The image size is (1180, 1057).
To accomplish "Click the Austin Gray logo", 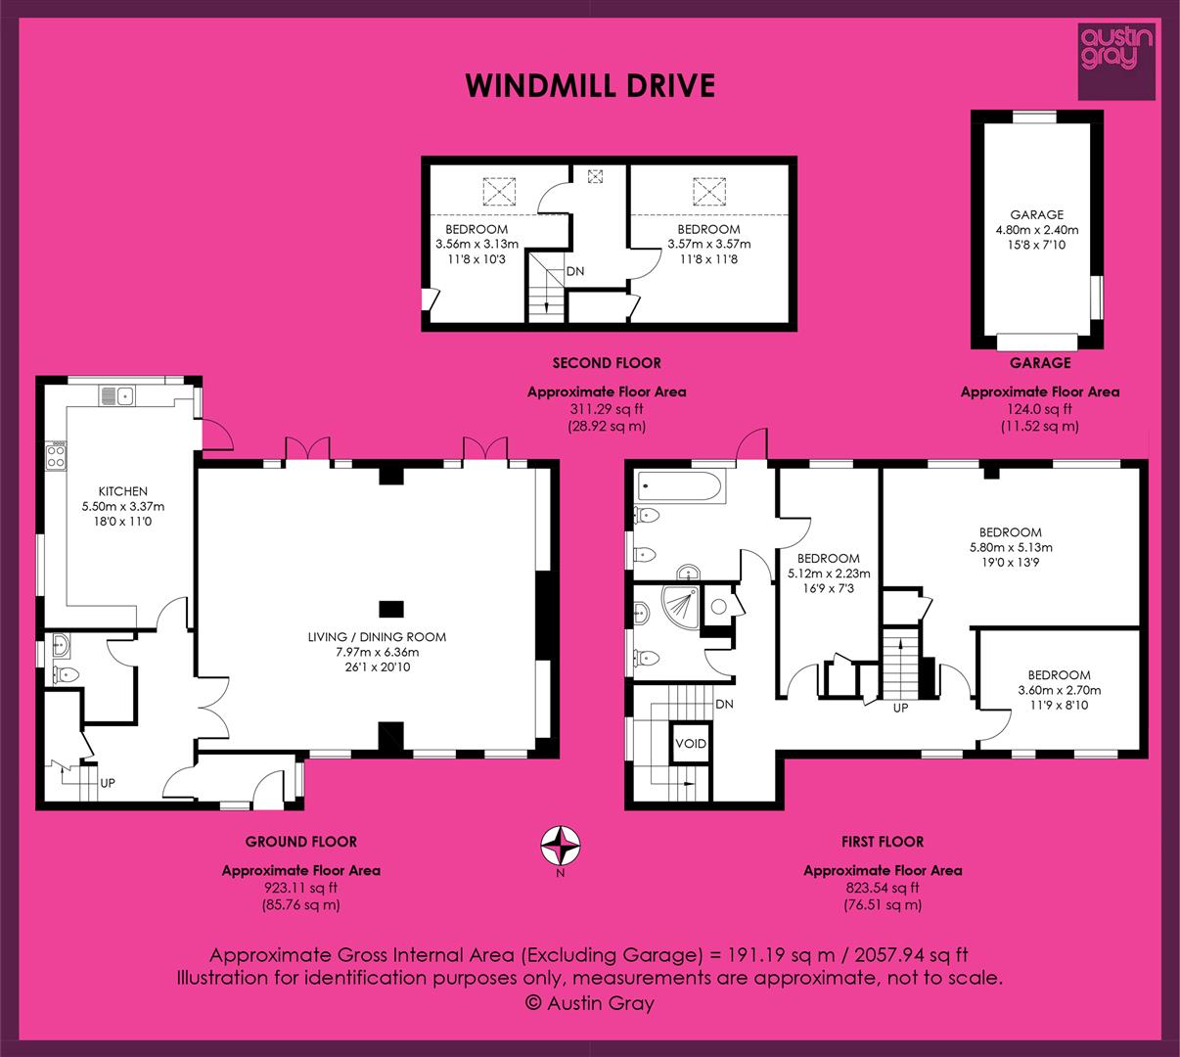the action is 1116,62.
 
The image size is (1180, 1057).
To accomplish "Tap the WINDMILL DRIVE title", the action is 590,86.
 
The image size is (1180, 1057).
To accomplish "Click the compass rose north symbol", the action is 561,846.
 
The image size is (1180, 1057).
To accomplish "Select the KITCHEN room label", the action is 123,491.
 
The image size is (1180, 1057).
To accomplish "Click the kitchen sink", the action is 117,395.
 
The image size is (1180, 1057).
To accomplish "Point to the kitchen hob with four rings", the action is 56,456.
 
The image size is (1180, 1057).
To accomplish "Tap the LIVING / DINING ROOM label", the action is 377,637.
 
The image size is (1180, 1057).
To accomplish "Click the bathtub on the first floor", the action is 680,486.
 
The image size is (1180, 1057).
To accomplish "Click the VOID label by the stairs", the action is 691,744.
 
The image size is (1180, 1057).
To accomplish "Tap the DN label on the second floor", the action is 575,271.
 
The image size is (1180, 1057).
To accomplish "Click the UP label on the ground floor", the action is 108,783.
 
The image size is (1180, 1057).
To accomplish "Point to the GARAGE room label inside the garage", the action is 1037,214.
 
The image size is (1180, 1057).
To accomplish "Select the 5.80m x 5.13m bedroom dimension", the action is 1011,547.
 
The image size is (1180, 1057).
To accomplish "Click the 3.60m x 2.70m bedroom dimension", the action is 1059,690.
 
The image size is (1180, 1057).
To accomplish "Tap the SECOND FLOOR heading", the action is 607,363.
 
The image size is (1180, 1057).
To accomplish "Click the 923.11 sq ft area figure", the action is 301,888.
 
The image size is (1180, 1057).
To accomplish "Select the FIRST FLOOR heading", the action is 883,842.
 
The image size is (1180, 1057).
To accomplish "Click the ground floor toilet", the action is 66,674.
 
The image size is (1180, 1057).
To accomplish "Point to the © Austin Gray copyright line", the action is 590,1002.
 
